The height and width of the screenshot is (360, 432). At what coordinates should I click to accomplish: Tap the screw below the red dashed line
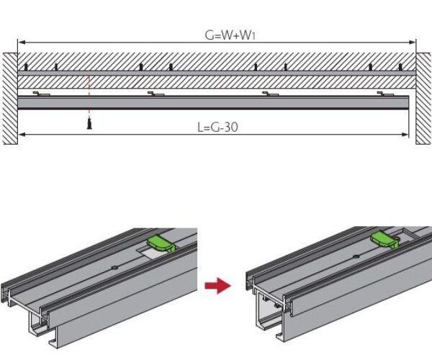pos(89,124)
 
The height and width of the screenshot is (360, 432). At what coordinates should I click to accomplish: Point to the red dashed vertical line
pos(89,94)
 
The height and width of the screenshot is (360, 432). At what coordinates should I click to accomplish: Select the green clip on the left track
pos(162,244)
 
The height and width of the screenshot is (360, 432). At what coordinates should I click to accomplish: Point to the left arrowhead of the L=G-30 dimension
pos(20,135)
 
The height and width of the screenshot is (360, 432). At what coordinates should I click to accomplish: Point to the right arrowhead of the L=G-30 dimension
pos(408,135)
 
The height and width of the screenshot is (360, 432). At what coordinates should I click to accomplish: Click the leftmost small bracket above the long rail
pos(42,93)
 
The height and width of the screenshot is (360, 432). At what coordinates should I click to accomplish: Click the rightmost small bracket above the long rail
pos(387,93)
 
